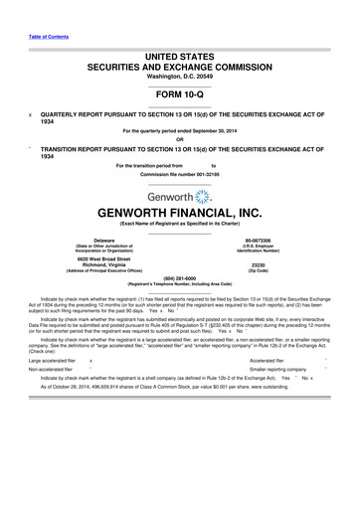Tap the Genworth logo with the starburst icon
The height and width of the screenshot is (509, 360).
(179, 198)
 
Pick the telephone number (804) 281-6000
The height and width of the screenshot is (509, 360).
(180, 306)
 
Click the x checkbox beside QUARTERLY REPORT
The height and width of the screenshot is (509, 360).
(32, 114)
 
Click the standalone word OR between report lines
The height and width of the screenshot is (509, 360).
(180, 139)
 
